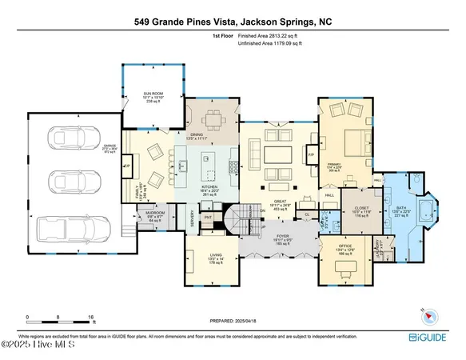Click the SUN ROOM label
tap(151, 92)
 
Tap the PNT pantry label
tap(208, 215)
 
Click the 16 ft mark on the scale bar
tap(93, 317)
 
